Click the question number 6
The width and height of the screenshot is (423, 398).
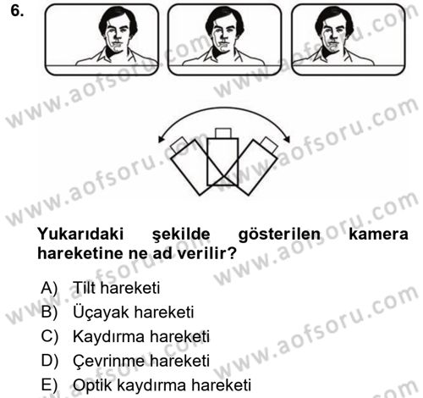[x=11, y=11]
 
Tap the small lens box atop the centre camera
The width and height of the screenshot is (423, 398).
[x=224, y=133]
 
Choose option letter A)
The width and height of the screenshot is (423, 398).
[x=48, y=288]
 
